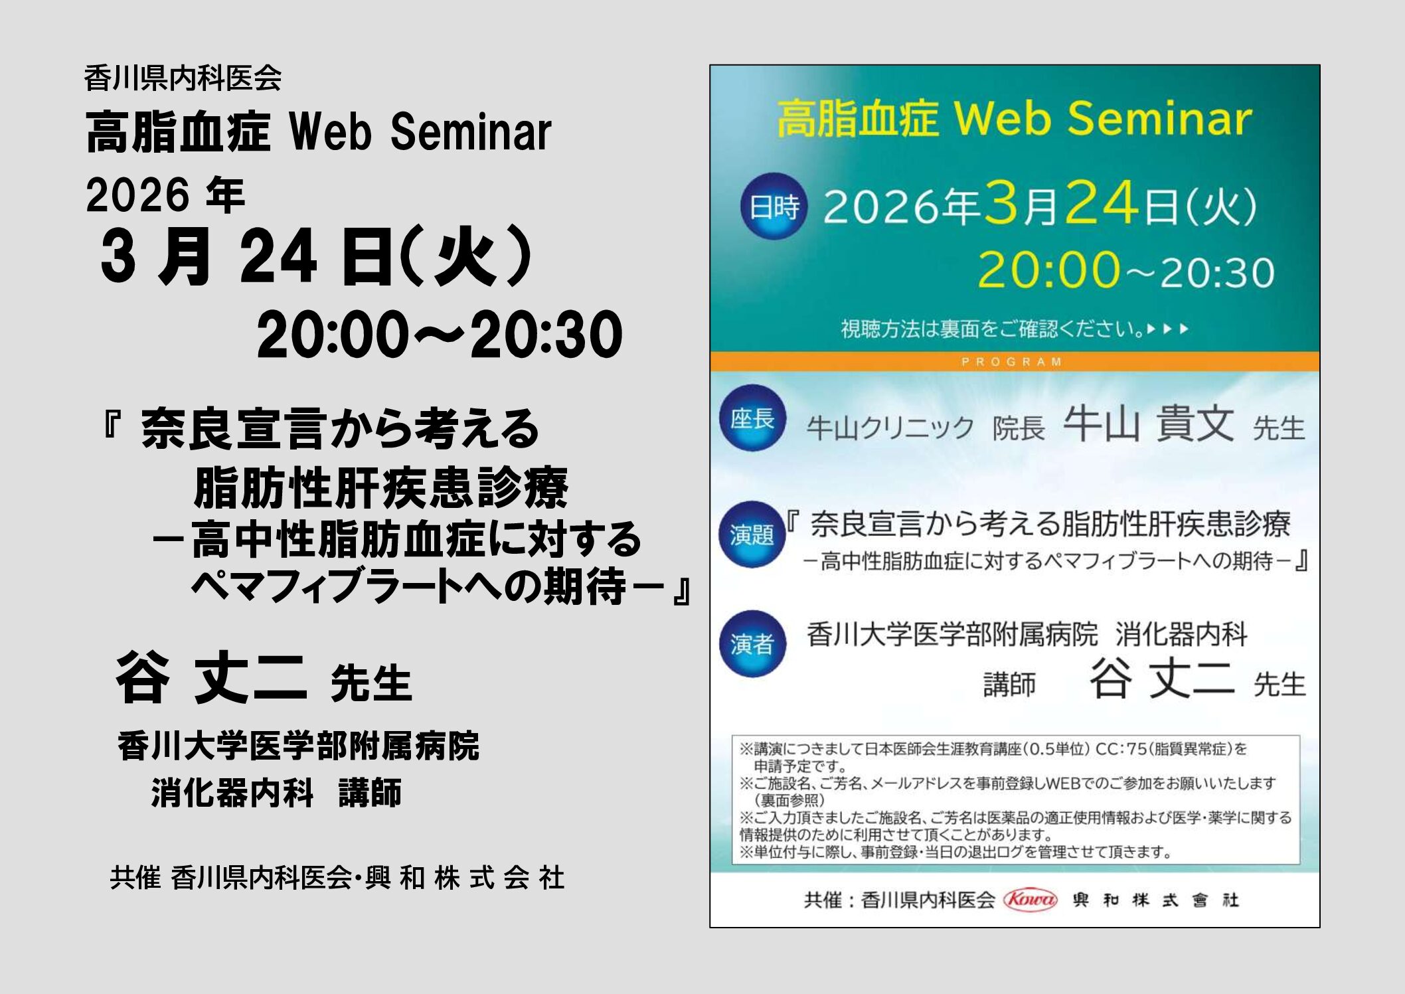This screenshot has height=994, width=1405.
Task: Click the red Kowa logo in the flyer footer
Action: coord(1031,900)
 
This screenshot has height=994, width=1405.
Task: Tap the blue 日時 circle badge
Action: coord(774,207)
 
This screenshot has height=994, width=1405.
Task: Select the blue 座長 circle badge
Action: coord(752,418)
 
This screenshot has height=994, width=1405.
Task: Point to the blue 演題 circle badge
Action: coord(752,534)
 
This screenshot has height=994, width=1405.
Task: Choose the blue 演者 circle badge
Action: coord(752,643)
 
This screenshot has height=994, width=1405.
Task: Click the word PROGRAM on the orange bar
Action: coord(1012,362)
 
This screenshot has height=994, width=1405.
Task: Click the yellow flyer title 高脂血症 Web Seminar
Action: coord(1014,119)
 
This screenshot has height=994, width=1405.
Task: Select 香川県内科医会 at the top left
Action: coord(183,78)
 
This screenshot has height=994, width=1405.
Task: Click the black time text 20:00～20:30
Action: coord(440,335)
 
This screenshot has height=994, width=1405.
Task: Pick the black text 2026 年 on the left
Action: coord(165,195)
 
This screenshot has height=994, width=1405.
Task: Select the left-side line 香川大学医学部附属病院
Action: coord(298,746)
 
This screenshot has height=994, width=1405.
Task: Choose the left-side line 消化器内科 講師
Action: coord(276,793)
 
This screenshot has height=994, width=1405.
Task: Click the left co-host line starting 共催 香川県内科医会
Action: coord(337,878)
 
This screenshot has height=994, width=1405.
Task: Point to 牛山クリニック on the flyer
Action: coord(890,428)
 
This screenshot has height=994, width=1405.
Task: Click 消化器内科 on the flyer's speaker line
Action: coord(1181,634)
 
